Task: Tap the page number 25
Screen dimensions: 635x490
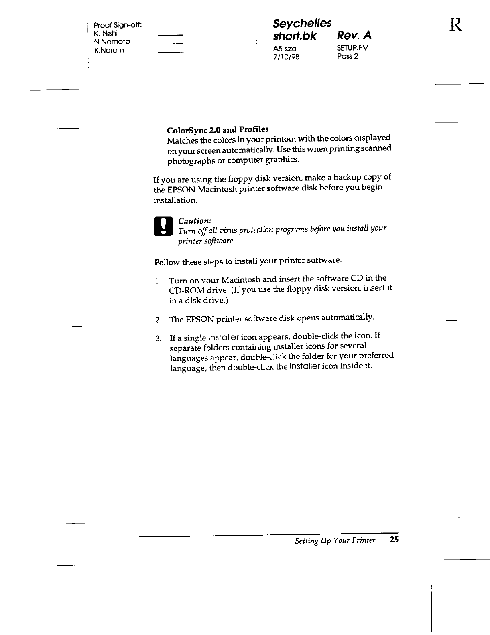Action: tap(394, 540)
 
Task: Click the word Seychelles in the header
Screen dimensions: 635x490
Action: tap(302, 23)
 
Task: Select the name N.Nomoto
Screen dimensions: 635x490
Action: tap(112, 42)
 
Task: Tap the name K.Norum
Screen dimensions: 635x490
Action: tap(108, 51)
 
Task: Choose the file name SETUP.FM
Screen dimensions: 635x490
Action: tap(353, 48)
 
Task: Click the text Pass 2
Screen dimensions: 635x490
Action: tap(347, 56)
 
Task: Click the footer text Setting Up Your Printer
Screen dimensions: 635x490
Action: tap(335, 540)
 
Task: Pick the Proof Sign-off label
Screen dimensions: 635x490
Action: tap(116, 25)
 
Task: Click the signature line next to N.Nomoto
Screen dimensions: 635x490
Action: tap(171, 43)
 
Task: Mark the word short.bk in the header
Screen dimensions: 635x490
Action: tap(295, 36)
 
